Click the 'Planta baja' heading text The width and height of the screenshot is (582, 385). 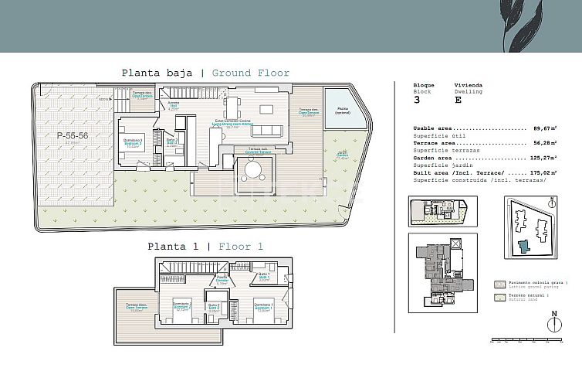(157, 73)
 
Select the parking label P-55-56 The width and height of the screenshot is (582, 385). (73, 135)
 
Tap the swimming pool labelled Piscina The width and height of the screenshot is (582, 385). (342, 108)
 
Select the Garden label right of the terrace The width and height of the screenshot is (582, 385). (342, 154)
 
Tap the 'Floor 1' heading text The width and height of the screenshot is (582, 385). (241, 247)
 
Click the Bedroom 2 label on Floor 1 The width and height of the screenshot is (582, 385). (181, 306)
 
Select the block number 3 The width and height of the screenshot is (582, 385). (418, 100)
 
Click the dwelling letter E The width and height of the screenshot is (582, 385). (458, 100)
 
